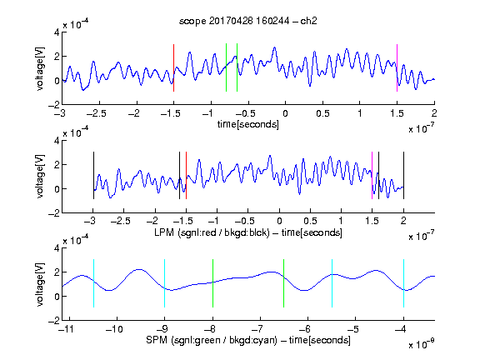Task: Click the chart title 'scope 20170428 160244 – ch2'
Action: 248,21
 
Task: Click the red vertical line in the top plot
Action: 174,67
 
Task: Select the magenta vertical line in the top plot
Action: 397,67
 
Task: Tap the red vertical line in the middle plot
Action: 186,175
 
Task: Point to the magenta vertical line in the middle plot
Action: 372,175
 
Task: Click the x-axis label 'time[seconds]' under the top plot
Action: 248,124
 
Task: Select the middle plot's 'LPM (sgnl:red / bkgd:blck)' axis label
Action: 212,232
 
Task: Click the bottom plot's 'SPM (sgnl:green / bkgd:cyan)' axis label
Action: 212,340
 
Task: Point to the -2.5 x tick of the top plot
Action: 97,113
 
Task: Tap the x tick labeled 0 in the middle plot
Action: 279,221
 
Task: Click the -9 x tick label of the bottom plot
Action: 162,329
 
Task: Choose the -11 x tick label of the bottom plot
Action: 67,329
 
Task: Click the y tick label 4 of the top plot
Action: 57,32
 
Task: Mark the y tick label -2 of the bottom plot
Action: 54,321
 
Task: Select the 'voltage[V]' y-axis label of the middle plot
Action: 40,177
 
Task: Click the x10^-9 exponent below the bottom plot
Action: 421,344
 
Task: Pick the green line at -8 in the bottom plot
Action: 212,283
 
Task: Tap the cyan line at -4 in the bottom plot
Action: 403,283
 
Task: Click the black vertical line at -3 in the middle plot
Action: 93,175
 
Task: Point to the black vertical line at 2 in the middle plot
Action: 403,175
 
